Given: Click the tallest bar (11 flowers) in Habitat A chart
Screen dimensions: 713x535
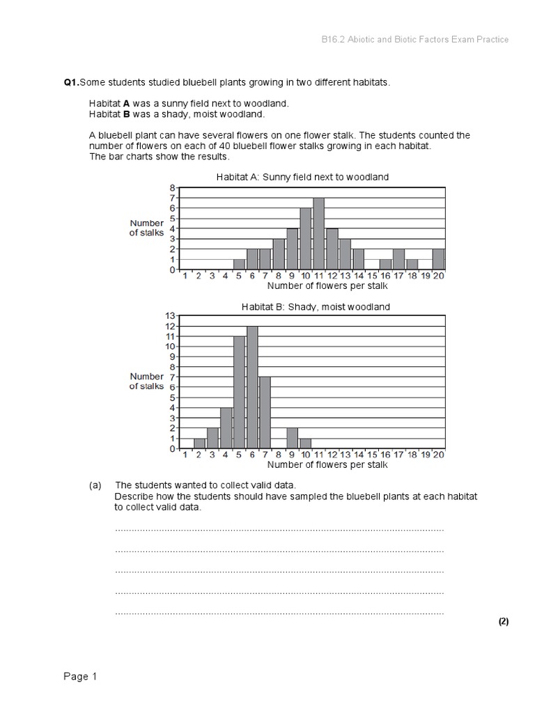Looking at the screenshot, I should [x=318, y=234].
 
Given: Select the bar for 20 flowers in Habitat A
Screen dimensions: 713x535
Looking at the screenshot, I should [x=437, y=259].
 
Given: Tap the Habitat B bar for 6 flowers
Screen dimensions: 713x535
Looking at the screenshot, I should [x=252, y=387].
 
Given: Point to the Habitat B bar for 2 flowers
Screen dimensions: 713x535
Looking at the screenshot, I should [x=199, y=443].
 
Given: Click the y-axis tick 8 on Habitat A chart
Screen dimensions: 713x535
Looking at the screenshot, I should [x=173, y=188].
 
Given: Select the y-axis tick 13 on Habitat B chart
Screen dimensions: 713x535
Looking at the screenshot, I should [x=171, y=316].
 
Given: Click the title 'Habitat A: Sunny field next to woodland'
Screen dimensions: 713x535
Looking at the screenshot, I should [x=302, y=177].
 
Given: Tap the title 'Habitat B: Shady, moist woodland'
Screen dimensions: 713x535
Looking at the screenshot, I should [x=316, y=306].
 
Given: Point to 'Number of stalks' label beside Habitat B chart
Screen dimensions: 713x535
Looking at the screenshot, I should [x=146, y=381].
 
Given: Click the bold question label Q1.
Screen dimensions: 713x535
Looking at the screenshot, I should [x=71, y=83].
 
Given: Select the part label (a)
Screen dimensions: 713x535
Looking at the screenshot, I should [x=95, y=485].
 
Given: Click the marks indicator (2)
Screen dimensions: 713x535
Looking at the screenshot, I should [x=504, y=622].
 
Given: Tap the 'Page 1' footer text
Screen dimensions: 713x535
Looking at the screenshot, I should [x=80, y=676].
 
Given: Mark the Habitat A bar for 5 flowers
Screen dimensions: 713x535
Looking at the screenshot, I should [x=239, y=265].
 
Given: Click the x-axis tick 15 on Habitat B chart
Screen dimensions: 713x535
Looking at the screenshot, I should [x=371, y=455].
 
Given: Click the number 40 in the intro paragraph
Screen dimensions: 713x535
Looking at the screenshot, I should [x=220, y=146].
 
